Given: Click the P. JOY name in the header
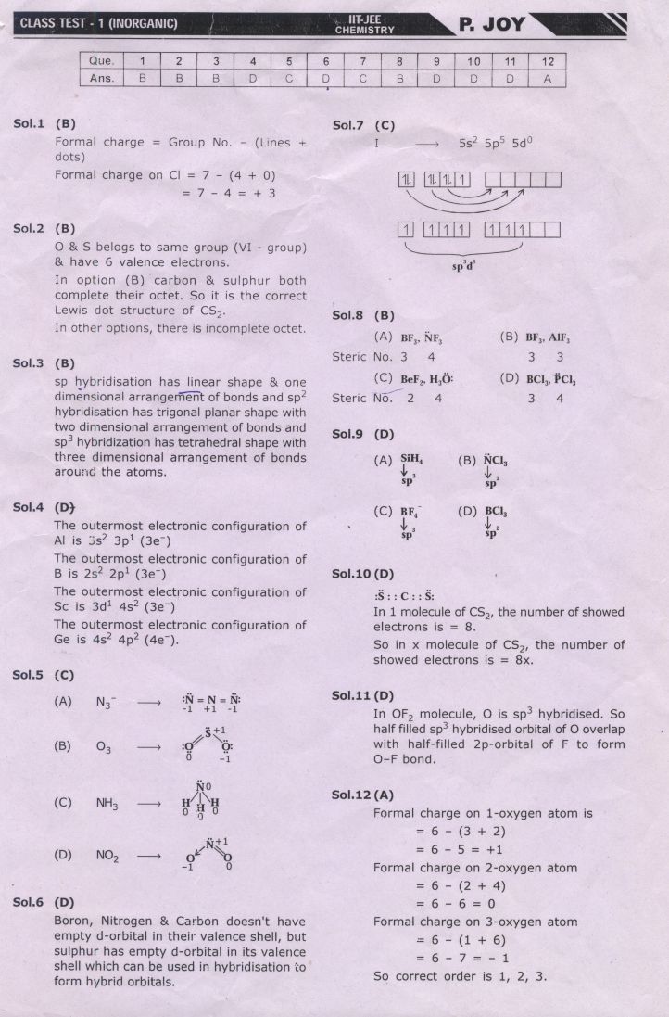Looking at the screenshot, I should pyautogui.click(x=491, y=24).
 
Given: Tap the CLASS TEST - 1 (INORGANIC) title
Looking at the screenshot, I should pyautogui.click(x=98, y=23).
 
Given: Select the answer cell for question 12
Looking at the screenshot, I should pyautogui.click(x=548, y=79).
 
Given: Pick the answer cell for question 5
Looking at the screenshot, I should pyautogui.click(x=289, y=79).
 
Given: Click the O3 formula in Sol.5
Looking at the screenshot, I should pyautogui.click(x=105, y=745).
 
